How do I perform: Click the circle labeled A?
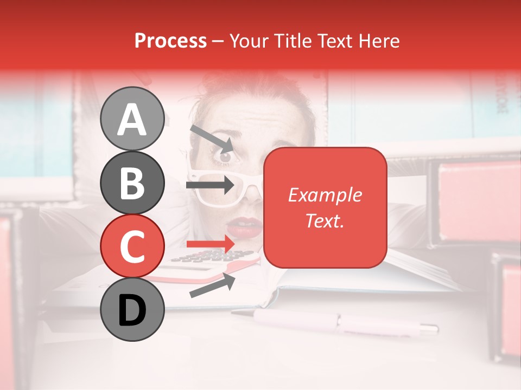132,119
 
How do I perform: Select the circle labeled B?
132,183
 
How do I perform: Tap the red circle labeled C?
132,246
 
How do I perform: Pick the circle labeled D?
132,310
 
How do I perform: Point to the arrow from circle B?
211,185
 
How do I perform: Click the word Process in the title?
170,41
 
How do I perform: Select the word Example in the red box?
325,195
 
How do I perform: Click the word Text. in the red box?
325,220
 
